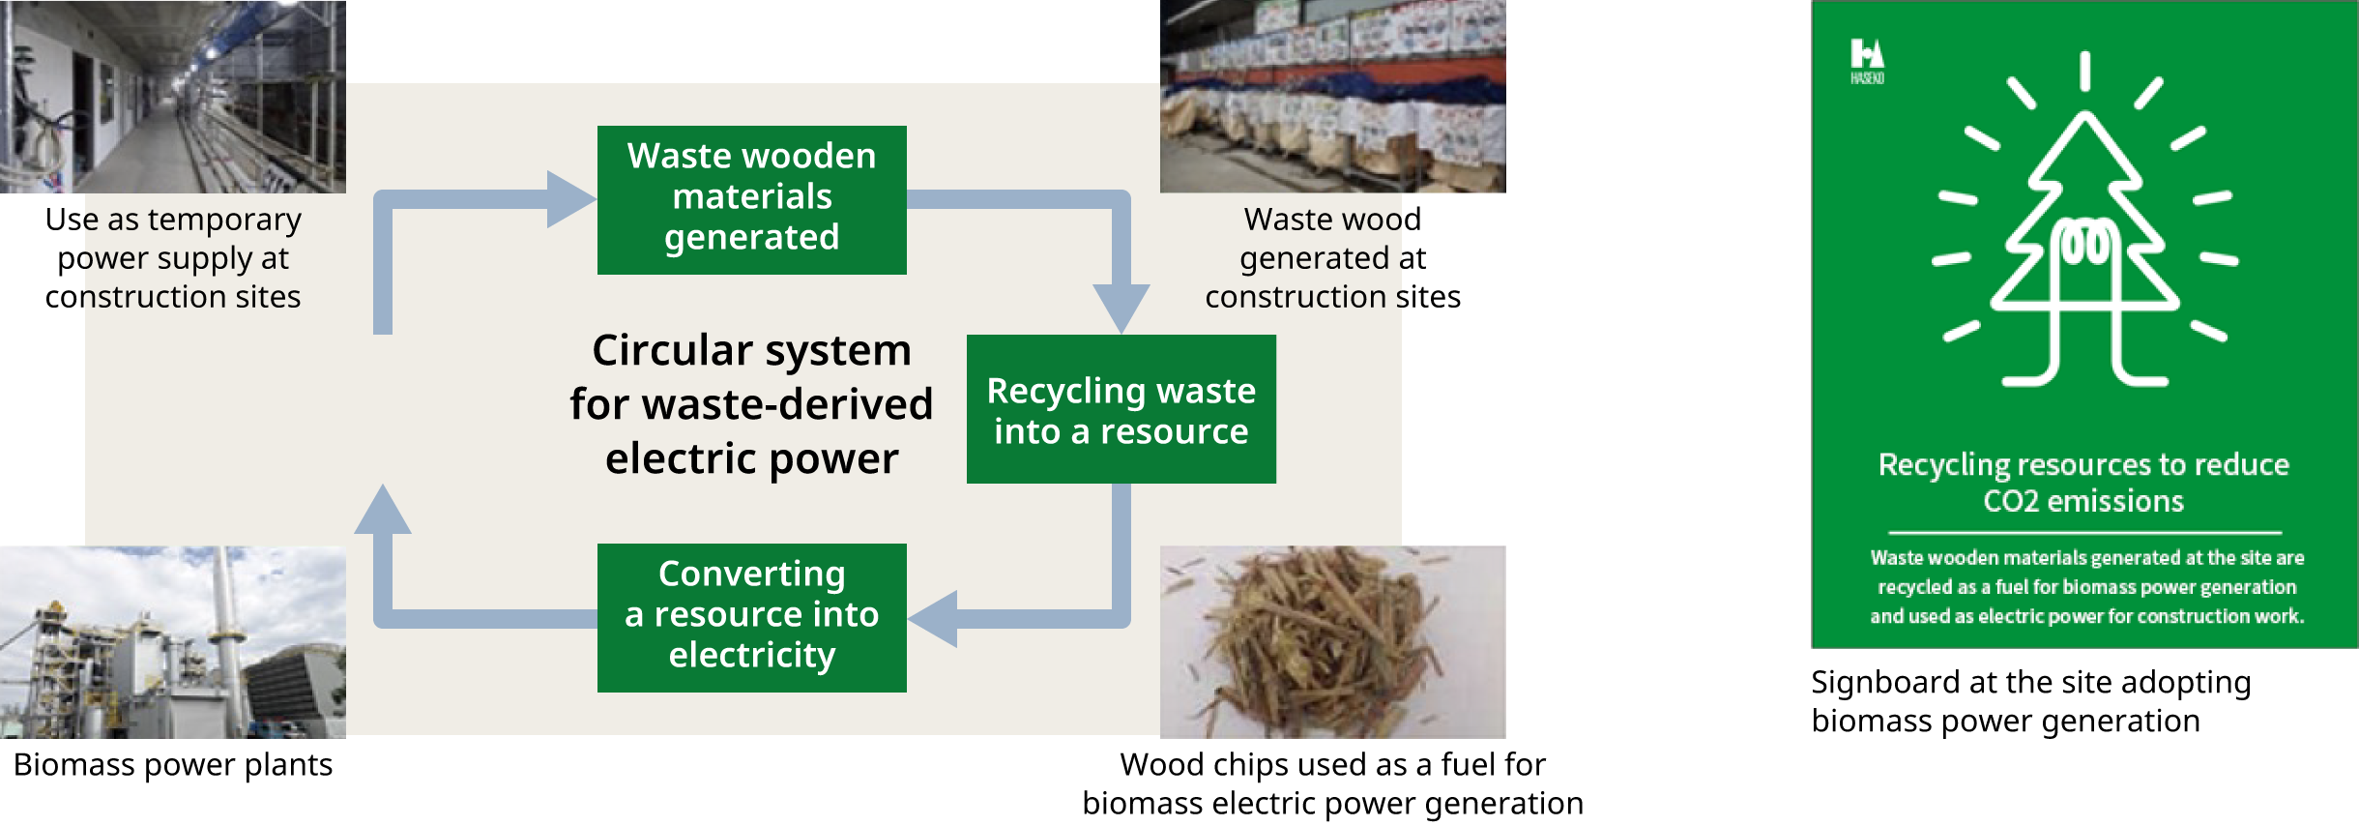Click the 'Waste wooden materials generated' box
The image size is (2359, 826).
coord(751,199)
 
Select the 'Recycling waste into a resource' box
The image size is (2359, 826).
coord(1121,409)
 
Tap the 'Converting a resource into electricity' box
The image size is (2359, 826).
coord(751,617)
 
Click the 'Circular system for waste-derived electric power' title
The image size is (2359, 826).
coord(751,404)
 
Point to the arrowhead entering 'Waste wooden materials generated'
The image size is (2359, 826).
coord(570,199)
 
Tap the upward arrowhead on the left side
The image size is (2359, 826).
coord(383,510)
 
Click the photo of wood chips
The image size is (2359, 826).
coord(1332,641)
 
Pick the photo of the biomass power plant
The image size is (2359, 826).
coord(172,641)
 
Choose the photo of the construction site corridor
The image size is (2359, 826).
coord(172,96)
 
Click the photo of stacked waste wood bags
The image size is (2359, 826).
coord(1332,96)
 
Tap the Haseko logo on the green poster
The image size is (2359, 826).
coord(1867,60)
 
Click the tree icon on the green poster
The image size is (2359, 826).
coord(2084,251)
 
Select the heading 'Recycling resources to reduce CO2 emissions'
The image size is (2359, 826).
coord(2083,483)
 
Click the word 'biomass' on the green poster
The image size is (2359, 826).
coord(2160,587)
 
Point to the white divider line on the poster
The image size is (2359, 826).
coord(2084,532)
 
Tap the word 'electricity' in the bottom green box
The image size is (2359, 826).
coord(751,656)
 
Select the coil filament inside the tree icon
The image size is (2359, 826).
coord(2085,242)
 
